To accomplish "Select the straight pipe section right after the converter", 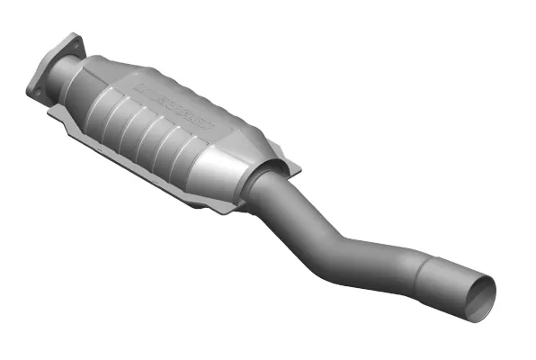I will [x=288, y=202].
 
